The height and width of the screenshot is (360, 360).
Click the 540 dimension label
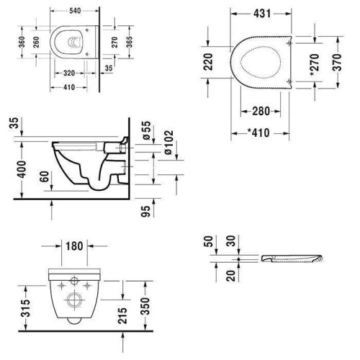tap(75, 11)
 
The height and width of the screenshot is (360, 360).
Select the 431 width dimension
tap(262, 14)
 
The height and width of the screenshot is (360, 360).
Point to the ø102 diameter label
tap(168, 143)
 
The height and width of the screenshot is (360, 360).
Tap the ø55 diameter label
tap(146, 130)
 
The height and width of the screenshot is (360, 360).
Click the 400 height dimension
tap(22, 169)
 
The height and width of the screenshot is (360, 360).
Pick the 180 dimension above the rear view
tap(74, 246)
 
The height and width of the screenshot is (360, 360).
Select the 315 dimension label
tap(26, 308)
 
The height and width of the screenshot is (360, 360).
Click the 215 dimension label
tap(122, 315)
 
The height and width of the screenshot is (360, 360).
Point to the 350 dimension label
tap(145, 306)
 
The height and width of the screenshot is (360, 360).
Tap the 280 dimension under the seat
tap(261, 111)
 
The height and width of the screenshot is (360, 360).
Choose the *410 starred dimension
tap(258, 132)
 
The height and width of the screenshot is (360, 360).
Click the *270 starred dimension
tap(315, 65)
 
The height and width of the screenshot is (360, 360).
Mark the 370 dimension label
tap(337, 63)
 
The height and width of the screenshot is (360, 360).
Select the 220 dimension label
tap(208, 62)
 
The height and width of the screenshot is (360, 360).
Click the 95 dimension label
tap(145, 211)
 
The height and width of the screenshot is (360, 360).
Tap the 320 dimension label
tap(69, 73)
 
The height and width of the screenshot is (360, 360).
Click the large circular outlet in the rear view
tap(74, 300)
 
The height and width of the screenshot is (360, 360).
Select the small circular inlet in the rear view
tap(74, 281)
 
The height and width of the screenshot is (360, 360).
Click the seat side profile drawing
tap(292, 258)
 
